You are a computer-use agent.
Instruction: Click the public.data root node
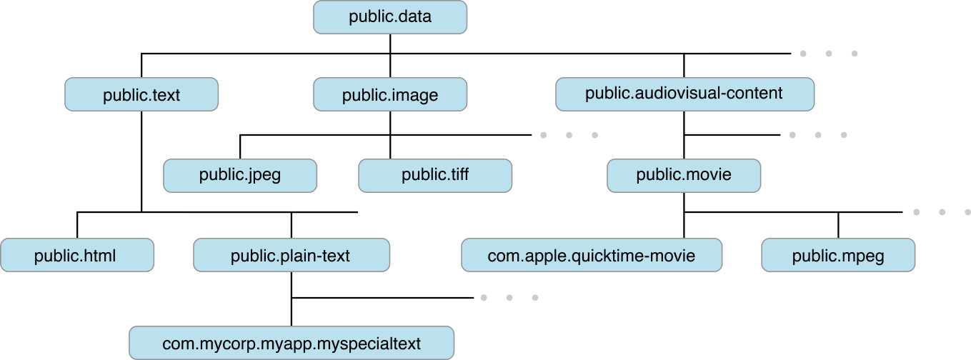tap(390, 16)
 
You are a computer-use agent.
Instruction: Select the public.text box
tap(141, 94)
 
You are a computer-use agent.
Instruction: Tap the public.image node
tap(390, 94)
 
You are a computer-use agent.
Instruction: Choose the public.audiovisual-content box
tap(684, 94)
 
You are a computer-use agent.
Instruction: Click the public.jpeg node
tap(240, 176)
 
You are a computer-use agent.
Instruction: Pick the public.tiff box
tap(435, 176)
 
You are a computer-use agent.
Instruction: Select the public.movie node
tap(684, 176)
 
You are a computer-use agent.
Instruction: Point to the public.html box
tap(77, 255)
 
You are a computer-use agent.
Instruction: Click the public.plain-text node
tap(292, 255)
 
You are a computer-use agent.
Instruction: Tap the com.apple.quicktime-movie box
tap(592, 255)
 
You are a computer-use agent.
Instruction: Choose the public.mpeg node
tap(838, 255)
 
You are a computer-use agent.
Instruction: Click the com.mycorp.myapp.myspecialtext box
tap(292, 343)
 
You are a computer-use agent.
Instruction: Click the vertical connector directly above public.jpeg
tap(240, 146)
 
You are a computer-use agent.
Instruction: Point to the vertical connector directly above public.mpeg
tap(838, 225)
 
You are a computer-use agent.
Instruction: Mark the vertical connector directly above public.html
tap(77, 225)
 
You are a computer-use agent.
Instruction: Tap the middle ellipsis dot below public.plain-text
tap(509, 298)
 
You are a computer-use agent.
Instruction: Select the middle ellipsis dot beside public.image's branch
tap(569, 135)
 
